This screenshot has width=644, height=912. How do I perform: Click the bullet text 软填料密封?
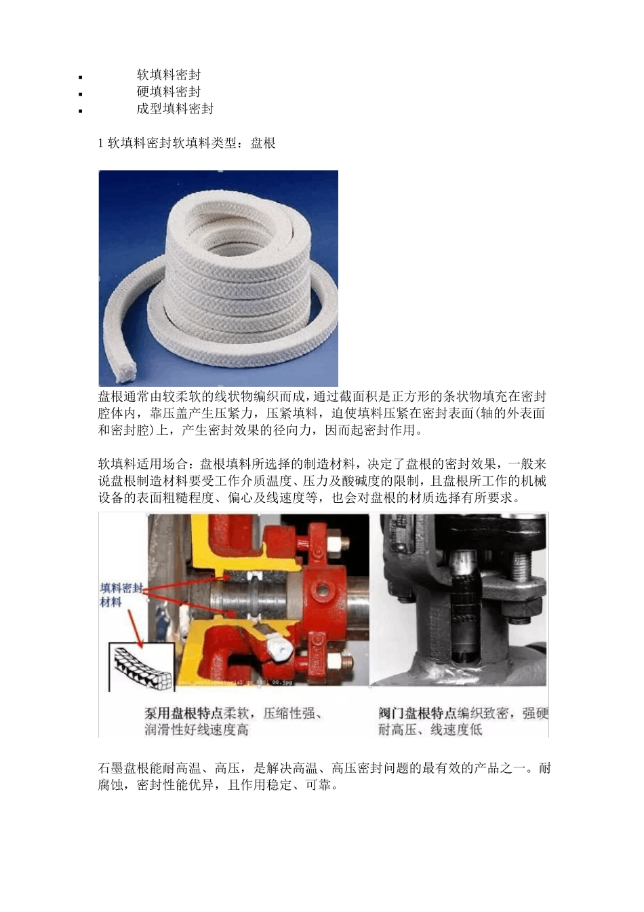[169, 75]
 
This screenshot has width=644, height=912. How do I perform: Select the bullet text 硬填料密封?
[169, 92]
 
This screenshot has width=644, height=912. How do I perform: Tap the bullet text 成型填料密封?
[175, 109]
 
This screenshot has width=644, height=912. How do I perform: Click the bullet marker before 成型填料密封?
[81, 111]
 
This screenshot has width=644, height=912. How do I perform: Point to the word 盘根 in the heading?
[263, 143]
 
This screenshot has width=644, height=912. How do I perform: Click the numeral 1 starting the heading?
[102, 143]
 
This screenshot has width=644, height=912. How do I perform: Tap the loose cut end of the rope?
[124, 370]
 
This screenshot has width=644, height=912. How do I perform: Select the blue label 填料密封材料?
[121, 594]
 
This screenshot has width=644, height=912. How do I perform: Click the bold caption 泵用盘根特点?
[184, 713]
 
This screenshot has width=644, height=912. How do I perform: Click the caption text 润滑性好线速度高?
[197, 730]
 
